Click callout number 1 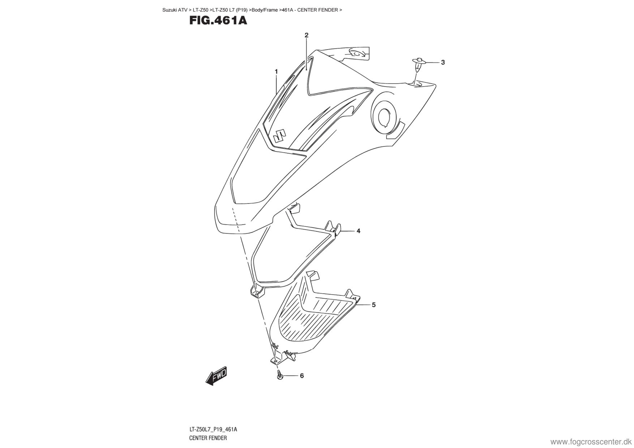click(276, 72)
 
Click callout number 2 click(307, 35)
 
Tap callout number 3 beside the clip click(443, 63)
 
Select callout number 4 click(358, 231)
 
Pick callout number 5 click(374, 305)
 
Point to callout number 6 click(302, 376)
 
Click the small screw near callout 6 click(279, 375)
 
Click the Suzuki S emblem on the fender click(279, 136)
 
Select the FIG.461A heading click(218, 21)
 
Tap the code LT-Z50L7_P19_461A click(213, 430)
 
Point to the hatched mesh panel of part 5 click(311, 318)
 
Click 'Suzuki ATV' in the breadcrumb click(175, 10)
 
